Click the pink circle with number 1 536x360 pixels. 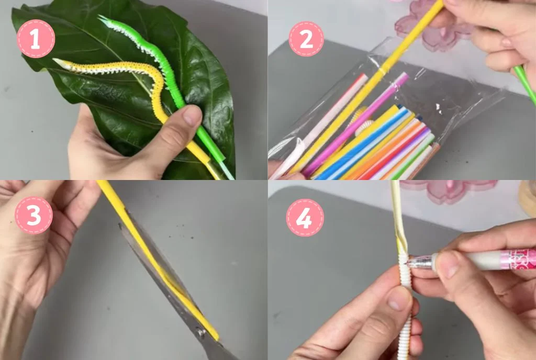click(36, 39)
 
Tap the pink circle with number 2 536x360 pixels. click(306, 39)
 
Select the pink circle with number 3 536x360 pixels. click(33, 215)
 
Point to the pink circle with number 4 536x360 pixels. click(304, 217)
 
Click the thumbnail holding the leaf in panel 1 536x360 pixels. click(192, 115)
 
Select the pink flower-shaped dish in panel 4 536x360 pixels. click(450, 191)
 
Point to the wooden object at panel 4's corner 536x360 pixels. click(527, 199)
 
